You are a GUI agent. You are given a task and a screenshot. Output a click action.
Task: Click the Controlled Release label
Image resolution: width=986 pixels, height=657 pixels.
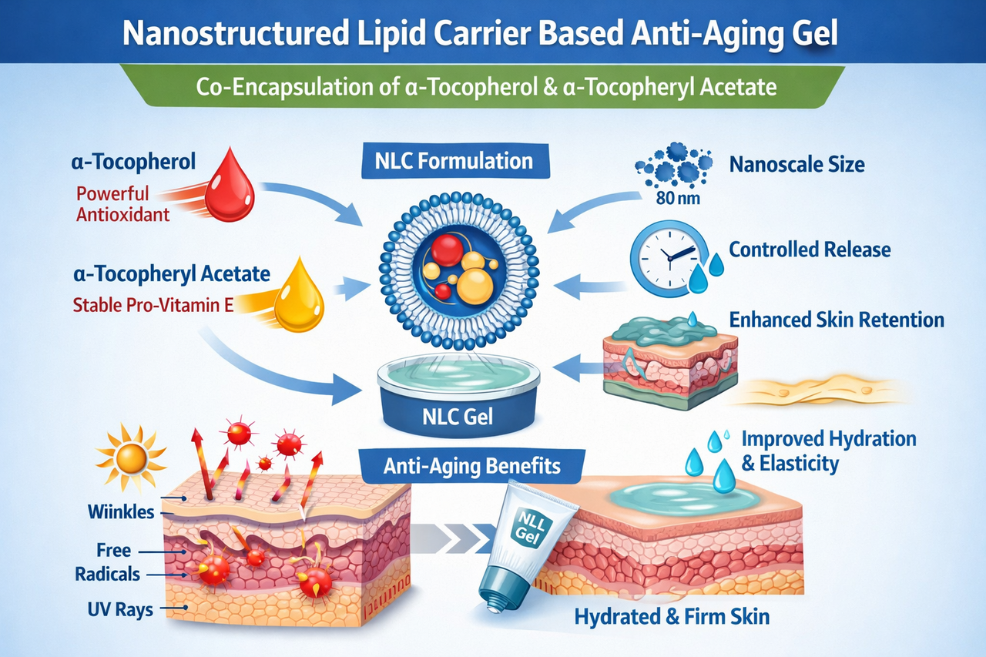(810, 250)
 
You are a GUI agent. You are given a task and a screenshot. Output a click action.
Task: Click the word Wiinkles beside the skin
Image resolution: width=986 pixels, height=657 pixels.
(122, 512)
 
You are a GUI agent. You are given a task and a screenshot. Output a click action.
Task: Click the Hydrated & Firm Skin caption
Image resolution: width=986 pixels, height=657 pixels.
(672, 616)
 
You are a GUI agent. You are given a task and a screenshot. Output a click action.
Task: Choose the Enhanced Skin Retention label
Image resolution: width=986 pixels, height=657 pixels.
(837, 319)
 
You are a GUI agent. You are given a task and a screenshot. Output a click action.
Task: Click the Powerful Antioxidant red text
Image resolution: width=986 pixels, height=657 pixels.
(122, 203)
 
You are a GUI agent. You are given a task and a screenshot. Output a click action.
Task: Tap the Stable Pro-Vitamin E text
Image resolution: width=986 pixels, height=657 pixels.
(153, 303)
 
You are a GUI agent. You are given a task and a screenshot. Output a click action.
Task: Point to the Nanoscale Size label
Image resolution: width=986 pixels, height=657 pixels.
(797, 164)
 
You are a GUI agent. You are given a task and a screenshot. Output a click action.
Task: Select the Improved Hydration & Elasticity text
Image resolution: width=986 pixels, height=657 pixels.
(828, 451)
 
